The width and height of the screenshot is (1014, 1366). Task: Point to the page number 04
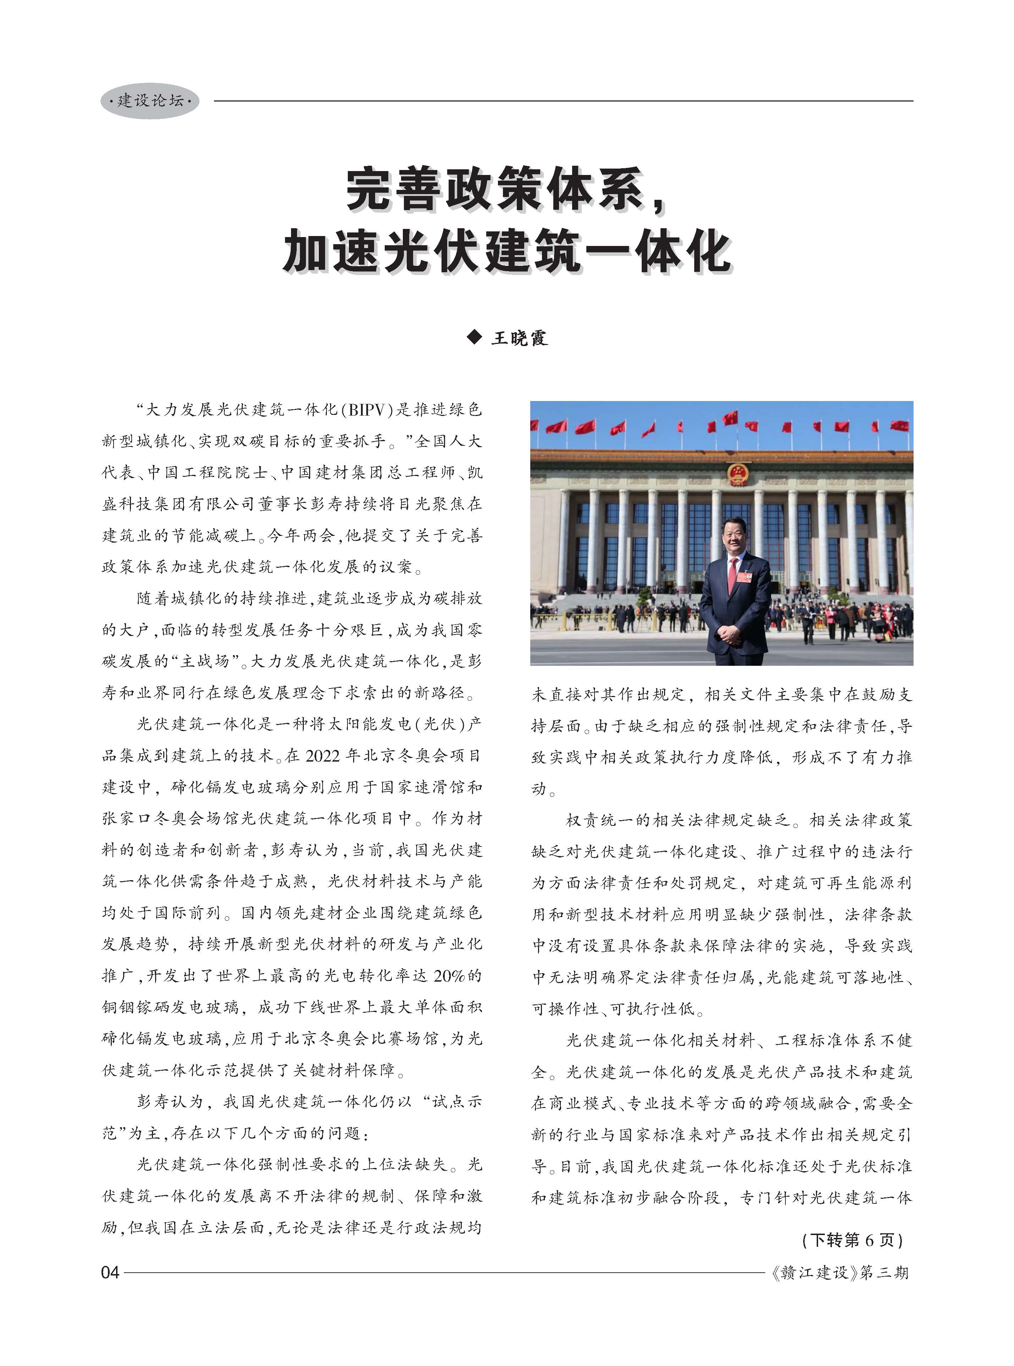110,1273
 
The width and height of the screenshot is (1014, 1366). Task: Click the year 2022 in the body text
322,756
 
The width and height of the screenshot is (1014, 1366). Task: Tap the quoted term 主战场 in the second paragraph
204,661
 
